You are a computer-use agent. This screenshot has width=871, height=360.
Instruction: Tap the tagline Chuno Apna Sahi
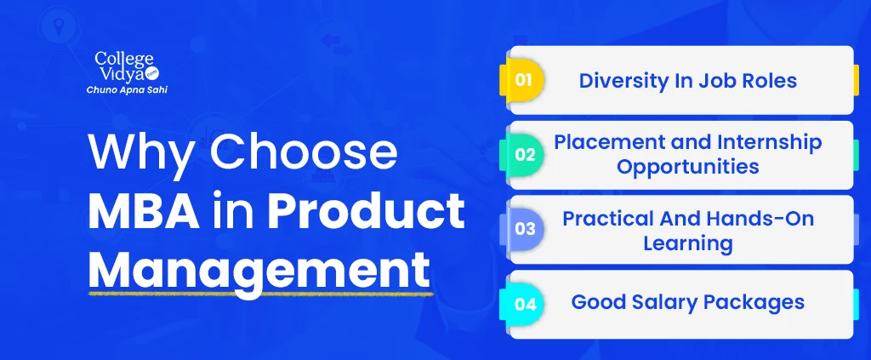[127, 90]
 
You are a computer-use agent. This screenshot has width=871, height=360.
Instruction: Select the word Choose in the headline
[304, 151]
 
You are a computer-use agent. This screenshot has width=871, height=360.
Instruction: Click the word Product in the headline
[366, 212]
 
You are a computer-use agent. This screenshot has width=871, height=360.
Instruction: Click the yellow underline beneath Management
[260, 291]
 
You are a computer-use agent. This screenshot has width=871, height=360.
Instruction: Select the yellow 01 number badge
[522, 80]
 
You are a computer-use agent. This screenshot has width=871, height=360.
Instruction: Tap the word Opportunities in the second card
[687, 167]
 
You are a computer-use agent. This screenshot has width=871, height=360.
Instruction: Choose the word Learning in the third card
[687, 243]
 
